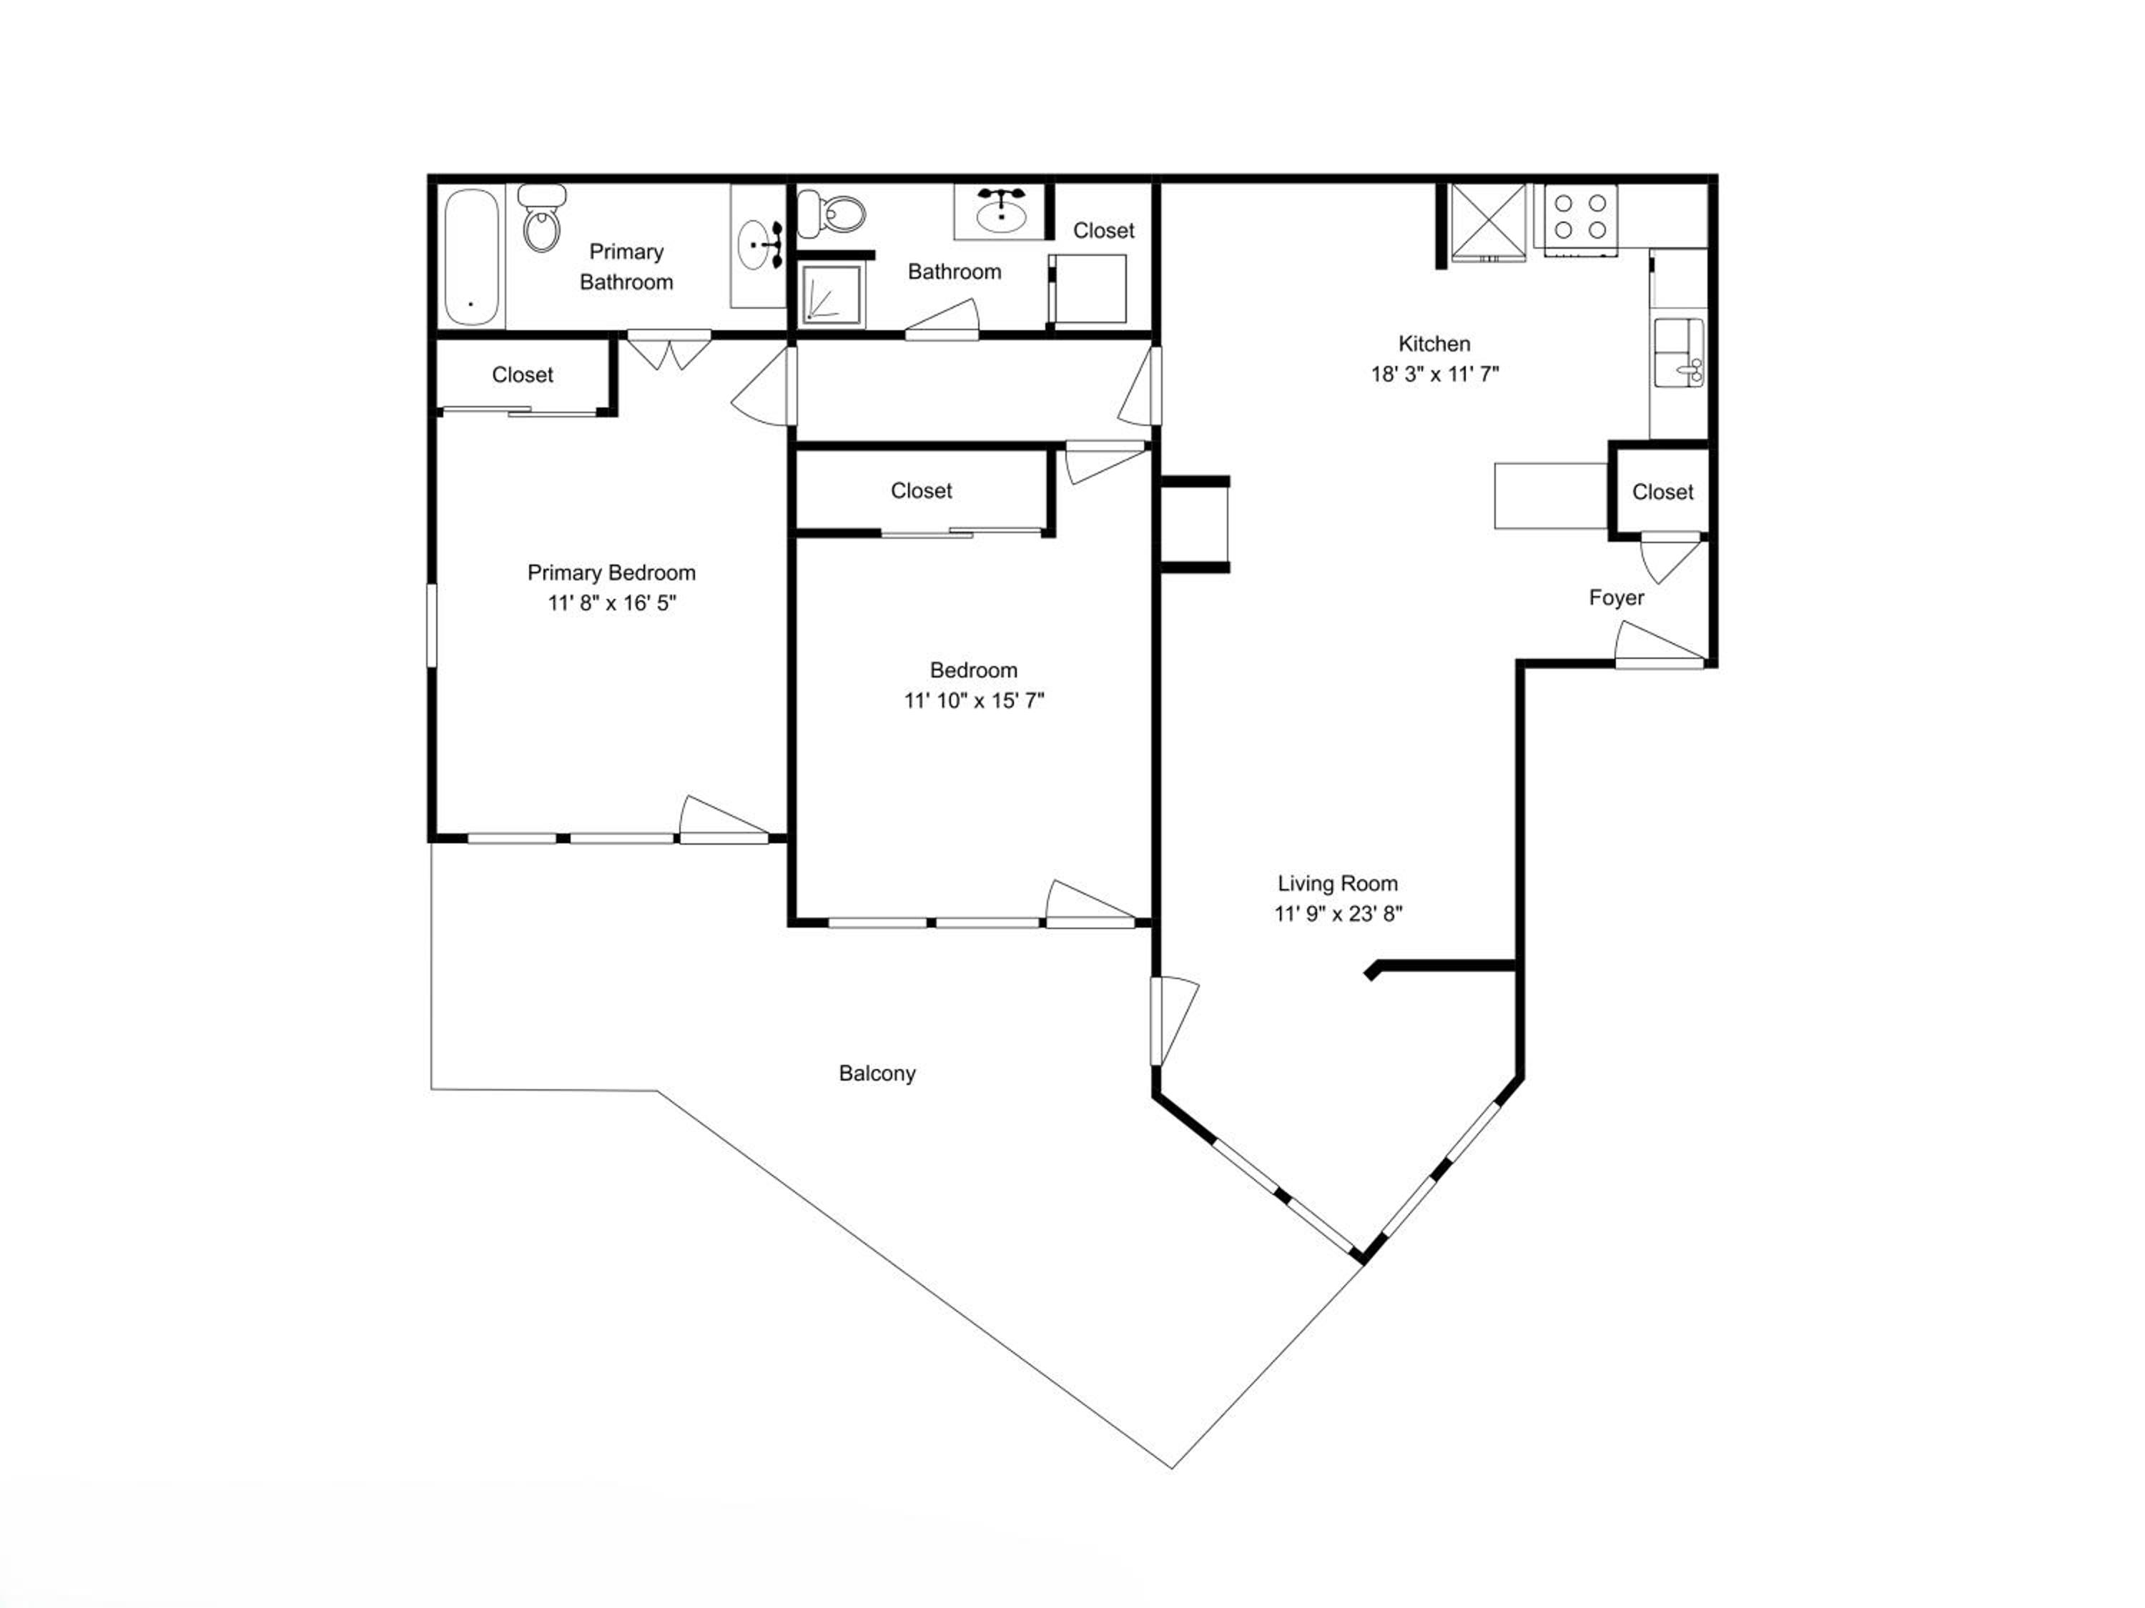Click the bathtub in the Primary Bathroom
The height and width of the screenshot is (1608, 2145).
coord(471,257)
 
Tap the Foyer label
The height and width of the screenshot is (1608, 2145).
coord(1617,598)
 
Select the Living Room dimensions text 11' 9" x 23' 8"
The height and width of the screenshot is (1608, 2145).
coord(1338,914)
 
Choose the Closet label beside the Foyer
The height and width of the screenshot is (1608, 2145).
coord(1662,492)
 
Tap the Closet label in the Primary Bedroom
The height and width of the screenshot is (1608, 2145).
coord(522,375)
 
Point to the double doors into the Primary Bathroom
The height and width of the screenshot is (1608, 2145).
coord(669,351)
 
